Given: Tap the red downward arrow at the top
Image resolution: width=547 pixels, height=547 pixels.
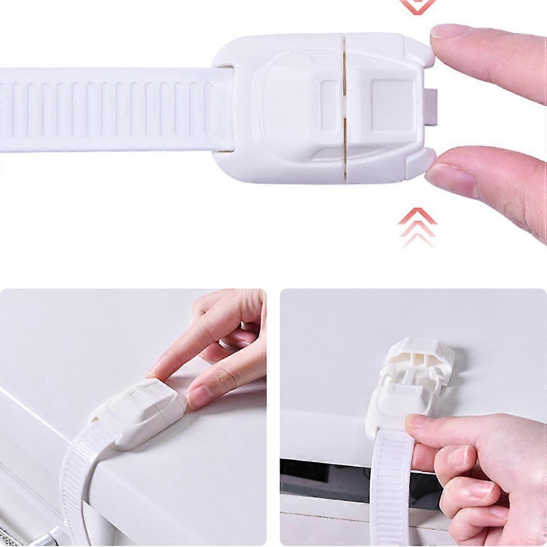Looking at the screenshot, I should [418, 5].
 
